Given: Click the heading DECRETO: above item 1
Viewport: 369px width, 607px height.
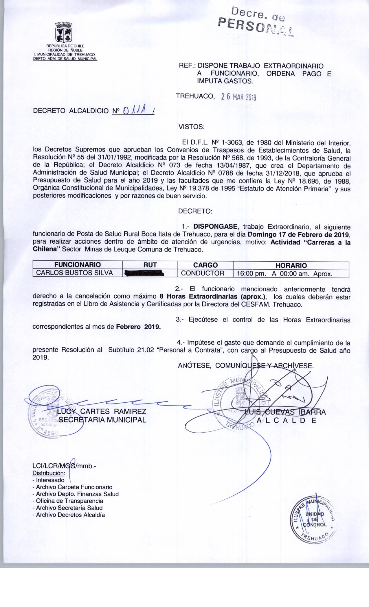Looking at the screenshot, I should coord(195,211).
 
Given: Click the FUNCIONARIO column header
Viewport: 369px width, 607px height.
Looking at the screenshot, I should coord(78,265).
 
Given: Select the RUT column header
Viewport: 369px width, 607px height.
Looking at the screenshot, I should coord(150,265).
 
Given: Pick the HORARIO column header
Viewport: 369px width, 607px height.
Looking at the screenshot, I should coord(291,265).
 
